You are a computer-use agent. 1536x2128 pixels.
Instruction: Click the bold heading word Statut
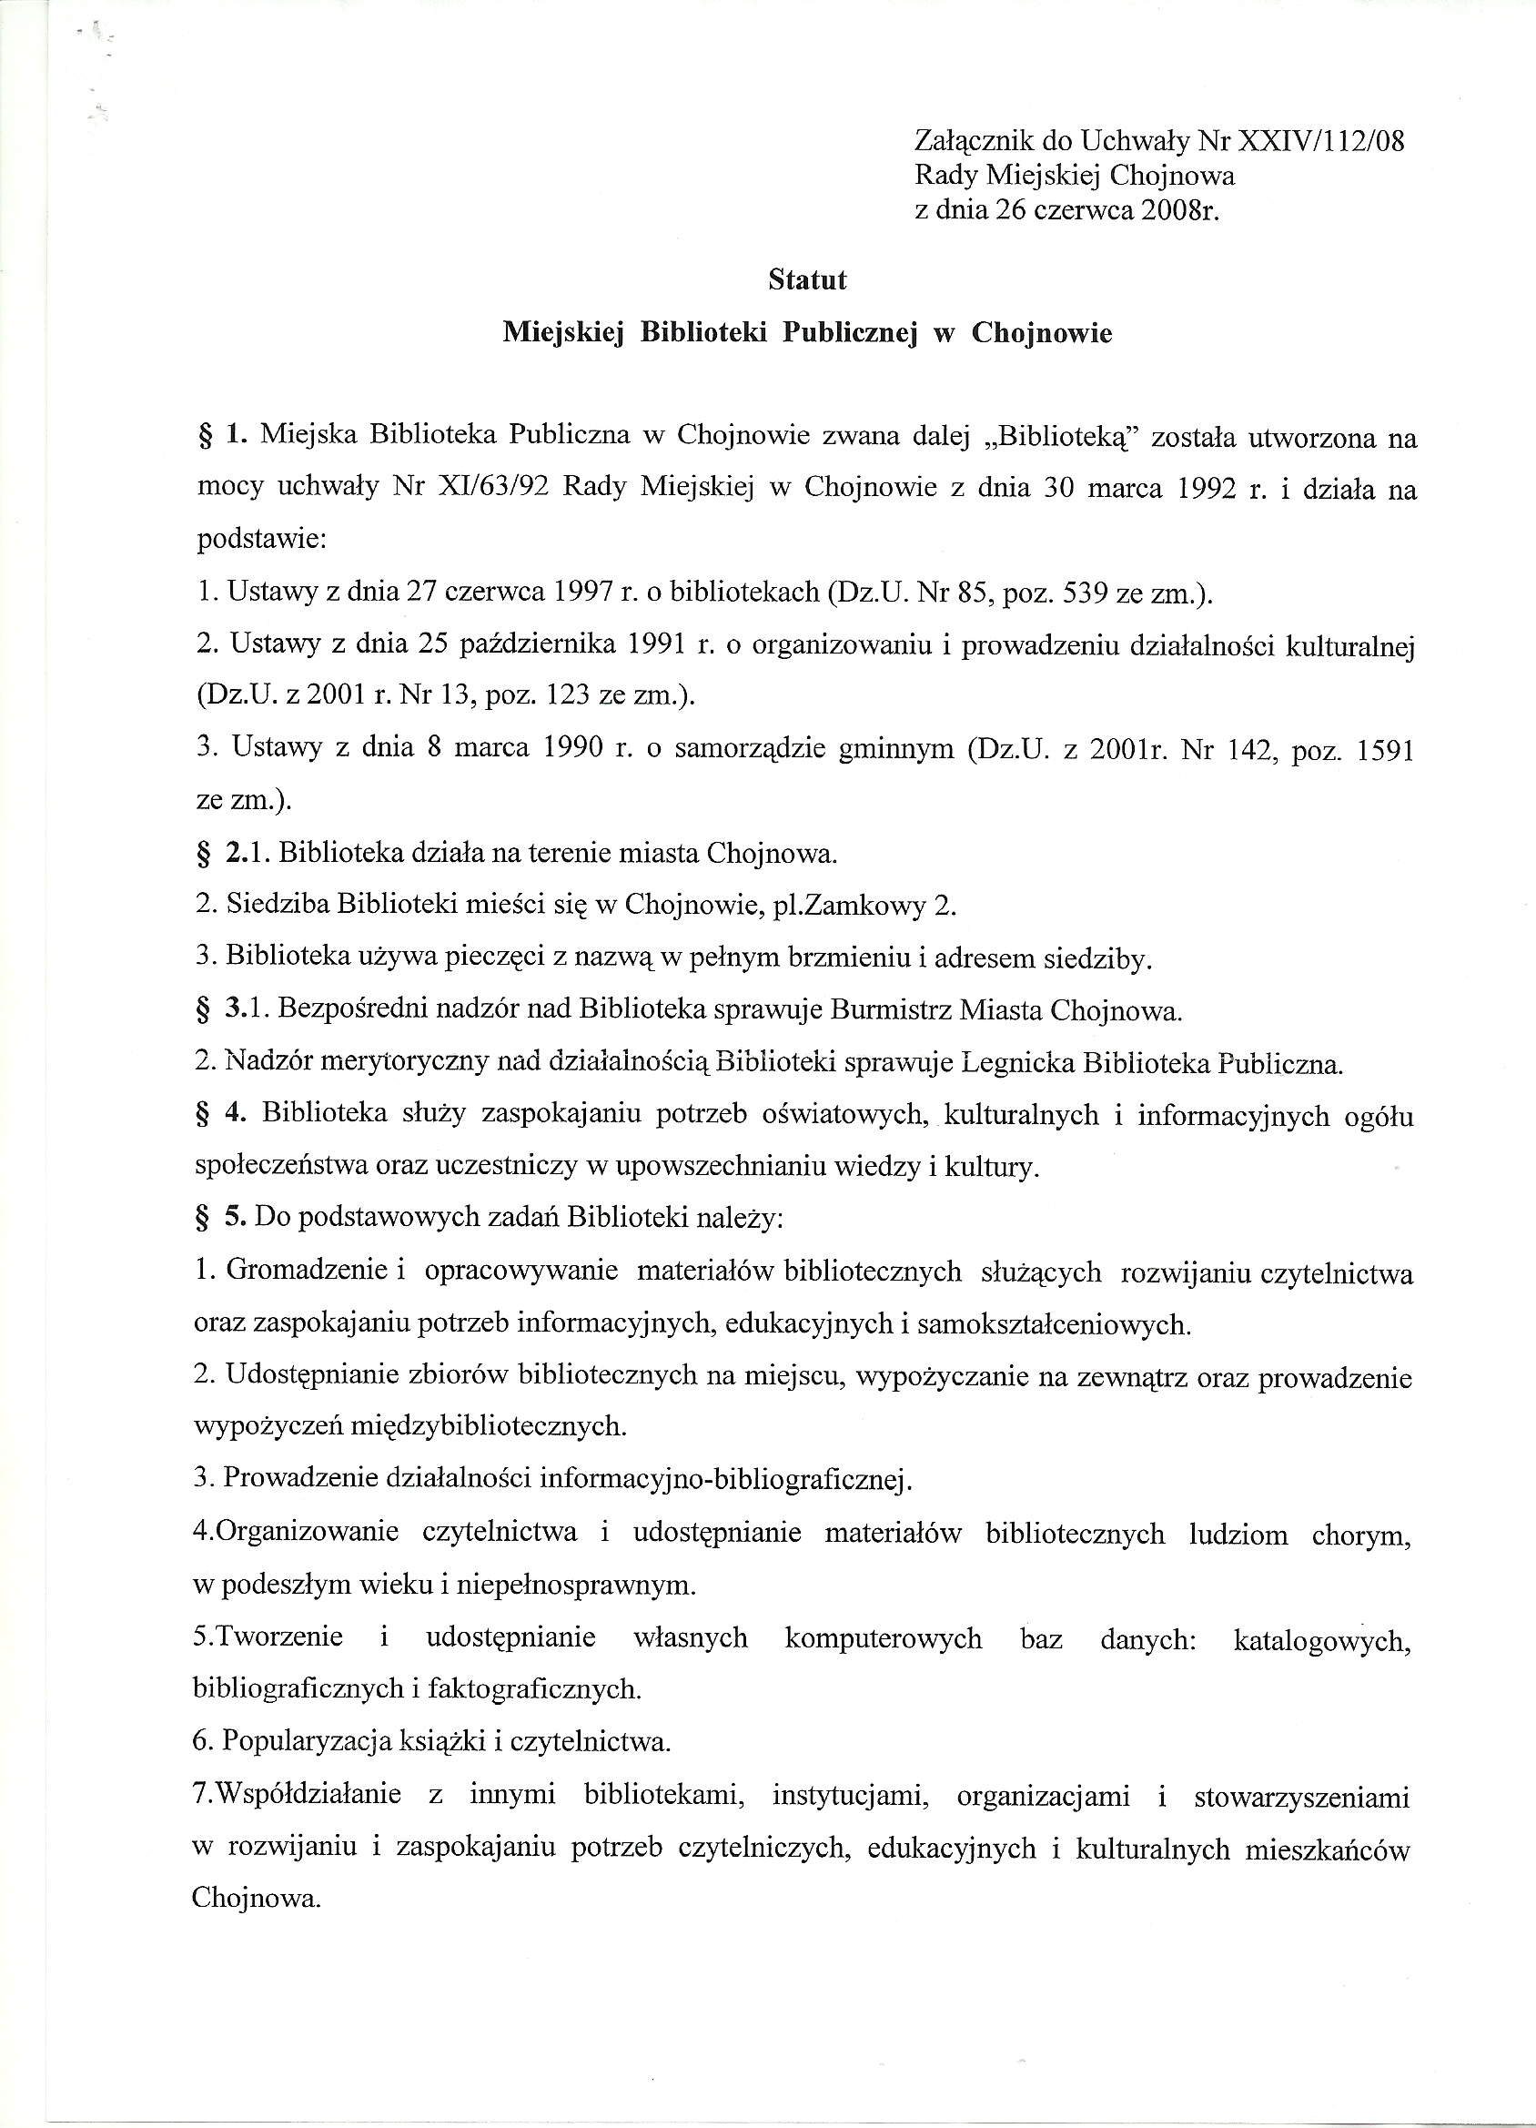coord(807,280)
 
